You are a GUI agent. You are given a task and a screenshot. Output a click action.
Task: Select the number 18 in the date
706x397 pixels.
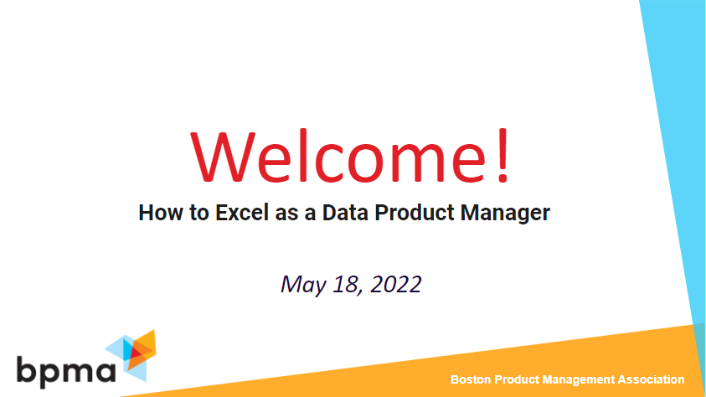(x=343, y=284)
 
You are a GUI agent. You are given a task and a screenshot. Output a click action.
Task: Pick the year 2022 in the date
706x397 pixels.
(x=394, y=284)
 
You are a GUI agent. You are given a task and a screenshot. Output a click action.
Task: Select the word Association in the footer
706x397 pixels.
(x=654, y=379)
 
